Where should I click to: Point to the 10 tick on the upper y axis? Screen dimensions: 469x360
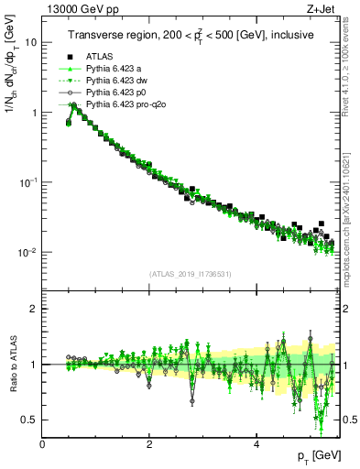(x=30, y=42)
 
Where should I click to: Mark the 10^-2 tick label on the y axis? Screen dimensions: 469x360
(x=27, y=252)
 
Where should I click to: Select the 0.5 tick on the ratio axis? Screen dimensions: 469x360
(x=29, y=420)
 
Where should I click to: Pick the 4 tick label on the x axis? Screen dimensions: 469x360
(x=256, y=444)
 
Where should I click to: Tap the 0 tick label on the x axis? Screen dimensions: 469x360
(x=43, y=444)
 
